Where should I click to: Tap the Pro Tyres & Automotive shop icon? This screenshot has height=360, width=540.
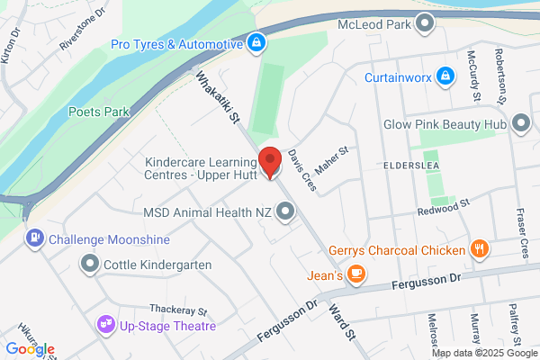pyautogui.click(x=256, y=42)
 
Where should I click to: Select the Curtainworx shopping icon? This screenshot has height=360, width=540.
pyautogui.click(x=444, y=76)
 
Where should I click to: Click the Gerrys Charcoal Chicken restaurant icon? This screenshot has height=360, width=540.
pyautogui.click(x=481, y=249)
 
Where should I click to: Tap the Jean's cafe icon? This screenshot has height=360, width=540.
pyautogui.click(x=357, y=274)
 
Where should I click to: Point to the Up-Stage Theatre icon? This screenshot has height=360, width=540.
pyautogui.click(x=106, y=324)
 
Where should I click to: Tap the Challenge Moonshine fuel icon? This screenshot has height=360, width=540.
pyautogui.click(x=34, y=239)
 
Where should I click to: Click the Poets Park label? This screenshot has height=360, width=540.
pyautogui.click(x=99, y=112)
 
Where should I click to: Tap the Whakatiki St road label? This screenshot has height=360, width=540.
pyautogui.click(x=220, y=99)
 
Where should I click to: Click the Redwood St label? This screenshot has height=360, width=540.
pyautogui.click(x=445, y=209)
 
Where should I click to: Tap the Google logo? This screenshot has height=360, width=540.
pyautogui.click(x=30, y=348)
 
